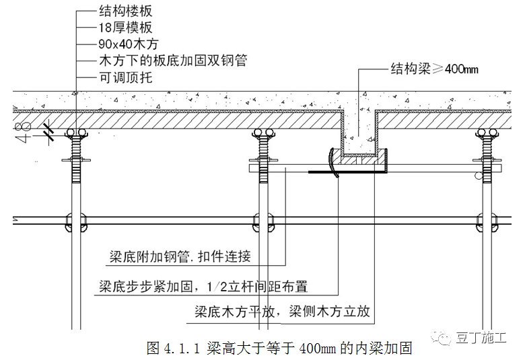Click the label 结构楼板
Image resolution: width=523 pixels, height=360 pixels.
pyautogui.click(x=125, y=11)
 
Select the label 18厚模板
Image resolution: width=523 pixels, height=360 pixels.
pyautogui.click(x=125, y=28)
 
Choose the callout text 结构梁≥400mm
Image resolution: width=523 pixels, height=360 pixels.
pyautogui.click(x=434, y=68)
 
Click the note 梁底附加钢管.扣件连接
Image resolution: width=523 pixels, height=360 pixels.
pyautogui.click(x=180, y=256)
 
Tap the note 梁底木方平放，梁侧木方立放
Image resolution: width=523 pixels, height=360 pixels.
pyautogui.click(x=282, y=313)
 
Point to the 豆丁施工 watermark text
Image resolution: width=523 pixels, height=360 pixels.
pyautogui.click(x=480, y=338)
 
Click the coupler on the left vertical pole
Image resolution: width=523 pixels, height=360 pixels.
pyautogui.click(x=75, y=220)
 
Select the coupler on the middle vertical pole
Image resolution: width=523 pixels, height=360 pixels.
pyautogui.click(x=263, y=220)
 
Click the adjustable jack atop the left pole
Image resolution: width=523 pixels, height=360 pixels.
pyautogui.click(x=75, y=148)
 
